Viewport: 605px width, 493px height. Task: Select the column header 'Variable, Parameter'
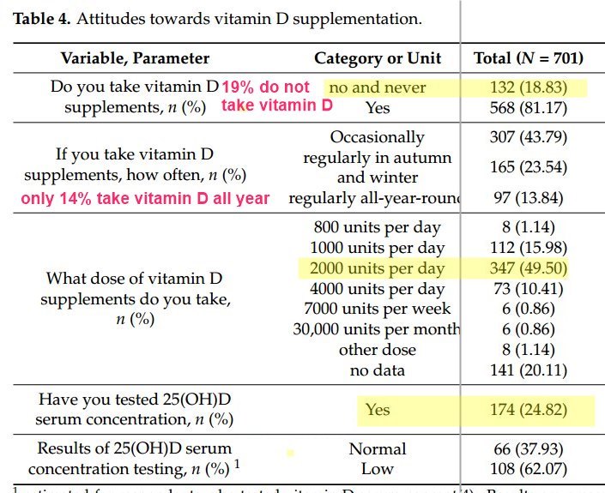point(135,58)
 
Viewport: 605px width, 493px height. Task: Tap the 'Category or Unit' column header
point(378,58)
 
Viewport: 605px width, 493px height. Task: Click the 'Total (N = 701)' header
point(529,58)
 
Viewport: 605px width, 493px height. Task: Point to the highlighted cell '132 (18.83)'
point(529,87)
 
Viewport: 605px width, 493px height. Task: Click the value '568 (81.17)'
point(529,108)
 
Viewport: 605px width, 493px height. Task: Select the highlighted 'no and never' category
point(378,87)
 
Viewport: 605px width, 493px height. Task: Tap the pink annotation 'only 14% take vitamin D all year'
point(146,199)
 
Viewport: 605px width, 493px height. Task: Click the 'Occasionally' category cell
point(378,137)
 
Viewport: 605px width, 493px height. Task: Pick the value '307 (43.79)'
point(529,137)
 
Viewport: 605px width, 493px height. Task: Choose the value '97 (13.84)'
point(529,199)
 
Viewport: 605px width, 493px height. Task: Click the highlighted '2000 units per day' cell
point(378,268)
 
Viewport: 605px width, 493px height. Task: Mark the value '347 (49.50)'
point(529,268)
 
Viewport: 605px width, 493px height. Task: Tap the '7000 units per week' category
point(378,309)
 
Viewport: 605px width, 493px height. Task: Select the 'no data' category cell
point(378,370)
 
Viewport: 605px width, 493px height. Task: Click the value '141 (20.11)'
point(529,370)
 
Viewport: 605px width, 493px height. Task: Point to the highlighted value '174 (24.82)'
point(529,410)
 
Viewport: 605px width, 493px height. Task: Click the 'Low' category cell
point(378,468)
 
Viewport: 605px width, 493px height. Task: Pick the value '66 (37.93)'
point(529,448)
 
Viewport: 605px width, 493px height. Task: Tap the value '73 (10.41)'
point(529,289)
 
